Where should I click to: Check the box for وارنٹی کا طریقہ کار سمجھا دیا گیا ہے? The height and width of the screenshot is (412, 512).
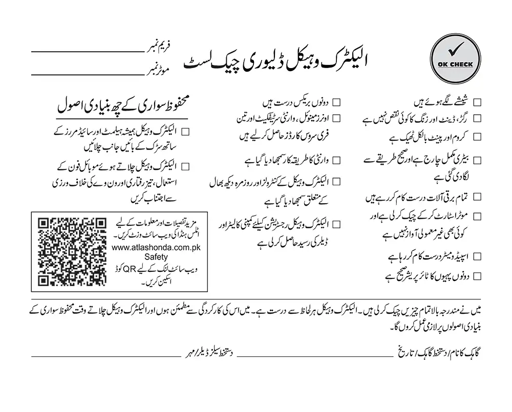coord(337,160)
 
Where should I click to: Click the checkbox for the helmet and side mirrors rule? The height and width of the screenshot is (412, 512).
coord(185,132)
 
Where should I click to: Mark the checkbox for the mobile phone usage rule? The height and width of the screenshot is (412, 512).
coord(185,165)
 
